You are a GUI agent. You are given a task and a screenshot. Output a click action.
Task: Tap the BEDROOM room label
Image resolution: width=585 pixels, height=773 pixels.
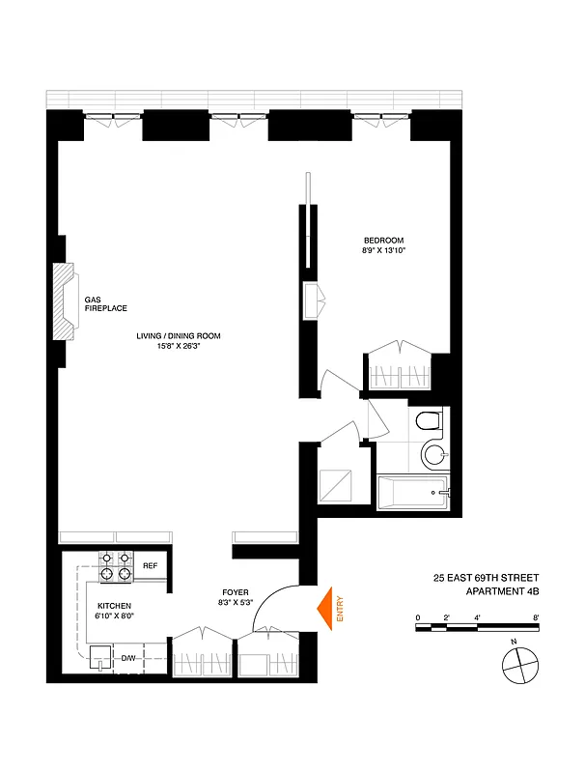[x=383, y=241]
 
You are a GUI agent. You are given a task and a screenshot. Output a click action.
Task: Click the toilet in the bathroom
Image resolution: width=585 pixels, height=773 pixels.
[x=429, y=421]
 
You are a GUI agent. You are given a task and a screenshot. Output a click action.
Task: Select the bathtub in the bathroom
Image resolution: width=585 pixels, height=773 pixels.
[x=412, y=493]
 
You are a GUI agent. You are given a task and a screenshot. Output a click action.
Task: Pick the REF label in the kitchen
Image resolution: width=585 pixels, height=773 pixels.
[x=151, y=565]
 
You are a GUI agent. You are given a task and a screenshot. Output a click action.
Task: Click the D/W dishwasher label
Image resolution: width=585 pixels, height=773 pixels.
[x=128, y=659]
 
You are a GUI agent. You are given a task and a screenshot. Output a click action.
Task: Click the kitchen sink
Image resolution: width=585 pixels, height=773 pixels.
[x=99, y=660]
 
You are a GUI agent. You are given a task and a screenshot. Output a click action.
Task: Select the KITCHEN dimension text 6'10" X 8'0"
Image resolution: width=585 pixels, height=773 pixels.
[x=114, y=616]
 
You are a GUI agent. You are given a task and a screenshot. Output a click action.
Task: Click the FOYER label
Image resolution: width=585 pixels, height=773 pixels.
[x=234, y=592]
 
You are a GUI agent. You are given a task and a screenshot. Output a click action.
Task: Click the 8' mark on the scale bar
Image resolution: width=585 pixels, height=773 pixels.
[x=535, y=616]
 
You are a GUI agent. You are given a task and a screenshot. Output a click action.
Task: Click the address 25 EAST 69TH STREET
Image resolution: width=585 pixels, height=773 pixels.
[x=480, y=579]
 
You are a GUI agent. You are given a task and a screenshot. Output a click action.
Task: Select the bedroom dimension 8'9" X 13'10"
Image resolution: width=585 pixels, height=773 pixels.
[x=383, y=252]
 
